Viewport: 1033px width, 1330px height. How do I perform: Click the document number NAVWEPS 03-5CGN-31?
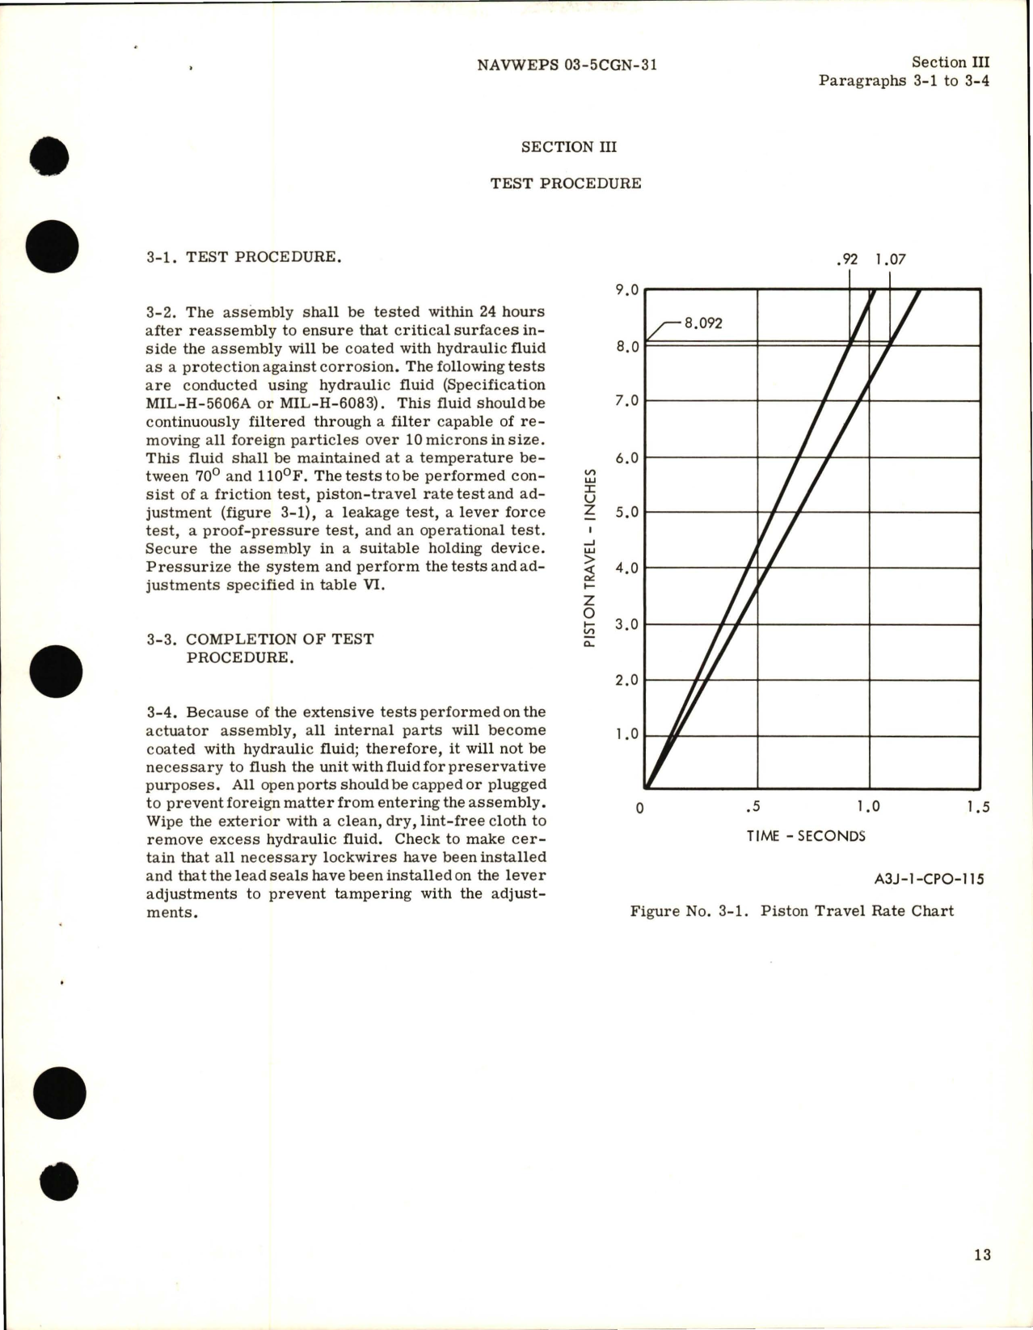[x=567, y=65]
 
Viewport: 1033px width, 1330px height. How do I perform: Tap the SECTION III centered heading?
[x=568, y=147]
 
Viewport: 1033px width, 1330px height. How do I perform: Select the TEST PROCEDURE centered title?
[x=566, y=184]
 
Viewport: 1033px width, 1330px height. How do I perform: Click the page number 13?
[x=982, y=1255]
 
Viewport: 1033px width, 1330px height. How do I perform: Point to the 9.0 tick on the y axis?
[x=627, y=289]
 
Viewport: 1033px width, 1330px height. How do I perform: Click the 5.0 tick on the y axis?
[x=627, y=513]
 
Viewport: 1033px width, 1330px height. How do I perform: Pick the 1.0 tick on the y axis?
[x=627, y=735]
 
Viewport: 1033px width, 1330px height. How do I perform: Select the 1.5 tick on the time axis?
[x=978, y=807]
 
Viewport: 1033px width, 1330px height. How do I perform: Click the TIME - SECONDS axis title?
[x=806, y=836]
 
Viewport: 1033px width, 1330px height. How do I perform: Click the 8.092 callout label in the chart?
[x=703, y=323]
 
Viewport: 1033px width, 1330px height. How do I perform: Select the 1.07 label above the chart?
[x=890, y=260]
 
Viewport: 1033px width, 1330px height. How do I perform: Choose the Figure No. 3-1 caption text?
[x=791, y=911]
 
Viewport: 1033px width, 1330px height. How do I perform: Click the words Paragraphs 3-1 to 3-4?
[x=904, y=81]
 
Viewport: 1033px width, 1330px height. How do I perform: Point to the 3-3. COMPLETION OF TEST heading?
[x=260, y=640]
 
